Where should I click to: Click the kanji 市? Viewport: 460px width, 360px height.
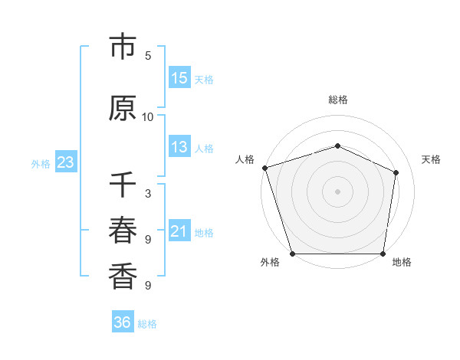coord(123,47)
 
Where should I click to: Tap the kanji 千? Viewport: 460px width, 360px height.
coord(123,186)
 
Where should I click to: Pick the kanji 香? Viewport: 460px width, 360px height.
coord(123,276)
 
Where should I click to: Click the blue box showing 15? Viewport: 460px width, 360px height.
coord(179,77)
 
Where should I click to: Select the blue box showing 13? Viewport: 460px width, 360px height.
coord(179,147)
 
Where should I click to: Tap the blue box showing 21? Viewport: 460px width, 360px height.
coord(179,231)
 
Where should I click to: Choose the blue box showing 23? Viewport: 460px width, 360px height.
coord(65,162)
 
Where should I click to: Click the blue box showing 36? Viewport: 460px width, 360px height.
coord(123,322)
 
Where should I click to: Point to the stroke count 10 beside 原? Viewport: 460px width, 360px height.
coord(148,116)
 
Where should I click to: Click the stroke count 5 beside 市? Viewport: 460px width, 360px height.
coord(148,55)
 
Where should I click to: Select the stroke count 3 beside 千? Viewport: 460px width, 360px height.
coord(148,194)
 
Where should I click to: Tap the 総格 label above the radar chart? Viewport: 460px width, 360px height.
coord(338,100)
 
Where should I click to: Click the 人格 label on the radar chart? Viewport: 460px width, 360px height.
coord(245,159)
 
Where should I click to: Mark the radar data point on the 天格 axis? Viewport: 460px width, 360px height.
coord(396,172)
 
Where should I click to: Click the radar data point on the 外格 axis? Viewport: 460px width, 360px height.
coord(292,254)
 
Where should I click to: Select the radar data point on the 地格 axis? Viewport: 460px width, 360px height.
coord(383,254)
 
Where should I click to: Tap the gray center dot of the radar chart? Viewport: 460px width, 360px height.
coord(337,191)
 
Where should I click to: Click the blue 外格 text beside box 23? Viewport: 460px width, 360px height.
coord(41,163)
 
